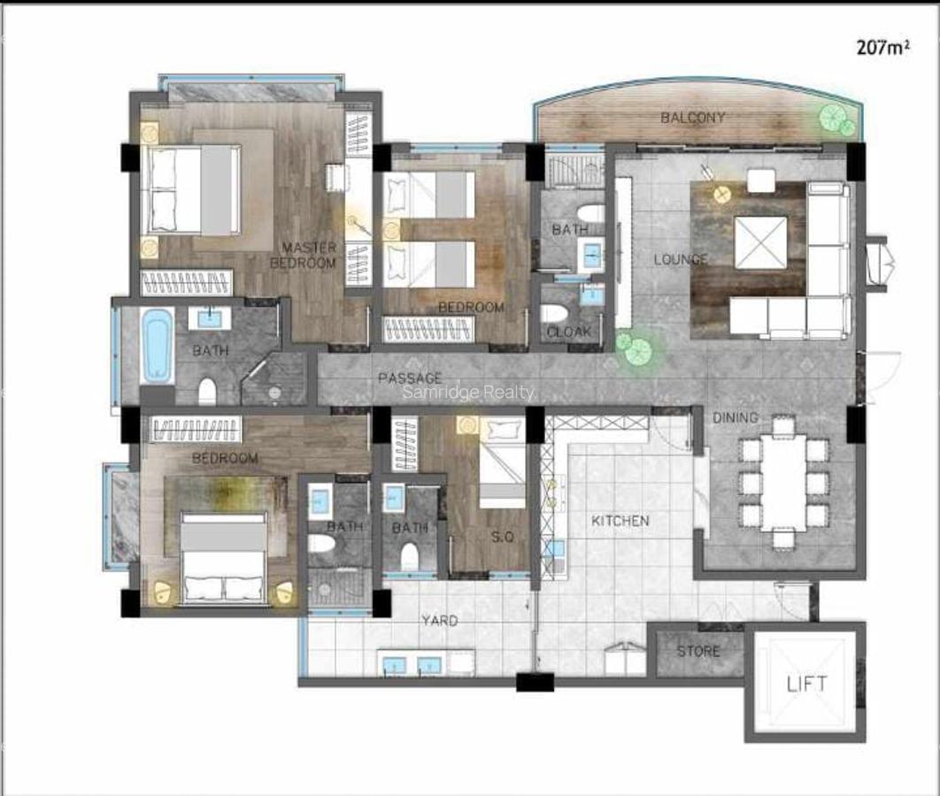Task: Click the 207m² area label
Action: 882,48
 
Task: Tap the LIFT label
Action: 806,684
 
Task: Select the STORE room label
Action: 698,652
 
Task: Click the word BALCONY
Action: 693,118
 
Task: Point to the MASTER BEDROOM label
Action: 303,255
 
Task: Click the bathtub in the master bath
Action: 158,345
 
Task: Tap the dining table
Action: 783,482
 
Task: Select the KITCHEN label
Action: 620,521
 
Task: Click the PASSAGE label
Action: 409,379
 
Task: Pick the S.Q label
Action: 502,536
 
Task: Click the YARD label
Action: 439,621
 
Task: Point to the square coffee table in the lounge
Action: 760,241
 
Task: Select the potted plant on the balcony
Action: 834,119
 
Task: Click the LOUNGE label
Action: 681,259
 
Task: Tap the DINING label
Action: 735,417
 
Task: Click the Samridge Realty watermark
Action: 469,393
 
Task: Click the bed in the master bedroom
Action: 192,190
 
